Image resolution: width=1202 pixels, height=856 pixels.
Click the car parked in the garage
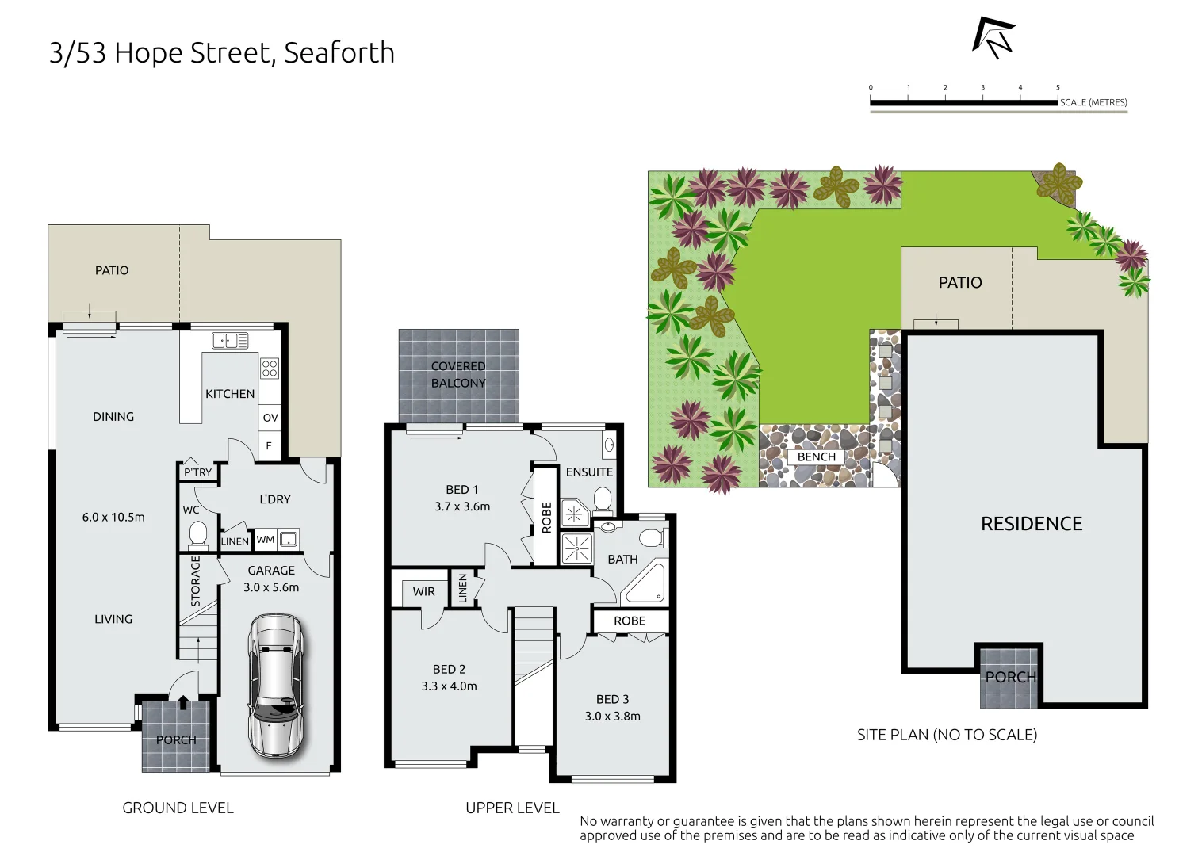click(x=275, y=686)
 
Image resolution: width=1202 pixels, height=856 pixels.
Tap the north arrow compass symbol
click(x=993, y=37)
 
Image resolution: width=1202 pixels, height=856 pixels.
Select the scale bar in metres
click(x=963, y=102)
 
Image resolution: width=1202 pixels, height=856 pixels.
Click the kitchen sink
click(x=230, y=341)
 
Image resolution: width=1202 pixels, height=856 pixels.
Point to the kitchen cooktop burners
click(x=270, y=368)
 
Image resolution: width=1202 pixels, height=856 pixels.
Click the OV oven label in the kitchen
click(x=270, y=418)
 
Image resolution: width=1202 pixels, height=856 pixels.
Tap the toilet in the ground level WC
click(x=197, y=535)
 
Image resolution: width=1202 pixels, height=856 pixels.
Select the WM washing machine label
click(x=266, y=540)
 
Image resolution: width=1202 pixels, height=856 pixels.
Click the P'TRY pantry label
click(x=197, y=472)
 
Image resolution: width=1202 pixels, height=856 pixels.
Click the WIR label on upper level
click(x=423, y=591)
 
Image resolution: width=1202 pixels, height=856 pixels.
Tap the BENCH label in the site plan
click(x=817, y=457)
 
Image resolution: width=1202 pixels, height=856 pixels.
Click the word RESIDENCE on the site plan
click(x=1031, y=524)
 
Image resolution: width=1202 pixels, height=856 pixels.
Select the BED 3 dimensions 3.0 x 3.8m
click(x=612, y=717)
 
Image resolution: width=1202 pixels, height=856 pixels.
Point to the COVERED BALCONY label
click(x=458, y=375)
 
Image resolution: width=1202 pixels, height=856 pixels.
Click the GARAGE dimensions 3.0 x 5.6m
click(x=271, y=587)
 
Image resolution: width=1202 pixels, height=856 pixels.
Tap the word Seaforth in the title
click(x=339, y=53)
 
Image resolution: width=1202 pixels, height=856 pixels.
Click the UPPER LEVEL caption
click(x=512, y=808)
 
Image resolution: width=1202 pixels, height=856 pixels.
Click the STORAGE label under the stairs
click(x=196, y=581)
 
